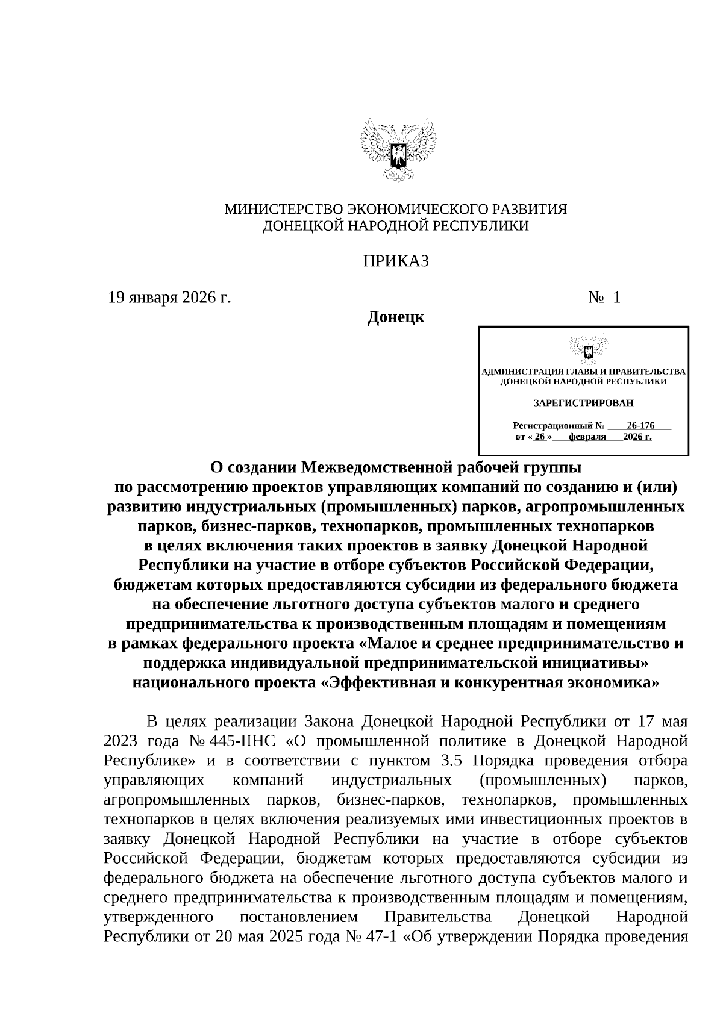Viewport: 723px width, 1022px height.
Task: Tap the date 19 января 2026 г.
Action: (x=169, y=298)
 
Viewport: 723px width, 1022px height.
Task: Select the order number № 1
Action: (x=604, y=298)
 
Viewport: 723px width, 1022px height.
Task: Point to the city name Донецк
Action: (x=396, y=317)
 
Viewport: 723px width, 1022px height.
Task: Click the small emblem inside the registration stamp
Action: (x=583, y=350)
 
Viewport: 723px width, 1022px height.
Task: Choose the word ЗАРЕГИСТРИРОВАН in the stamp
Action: (x=583, y=402)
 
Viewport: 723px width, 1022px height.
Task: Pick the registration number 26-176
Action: (x=640, y=425)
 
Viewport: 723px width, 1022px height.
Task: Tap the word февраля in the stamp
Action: (x=587, y=437)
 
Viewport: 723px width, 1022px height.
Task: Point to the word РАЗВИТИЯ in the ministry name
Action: (x=531, y=210)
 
